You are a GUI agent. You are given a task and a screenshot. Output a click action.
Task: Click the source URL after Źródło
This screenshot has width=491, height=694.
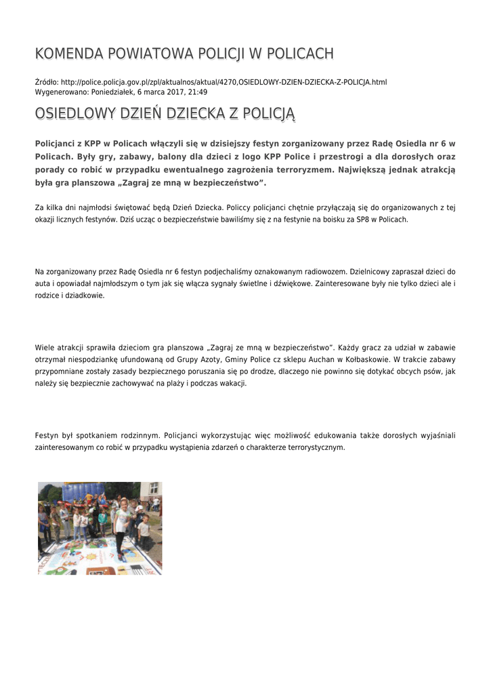point(223,82)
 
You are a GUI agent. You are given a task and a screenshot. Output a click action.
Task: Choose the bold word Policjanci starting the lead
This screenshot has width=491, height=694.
point(58,144)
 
